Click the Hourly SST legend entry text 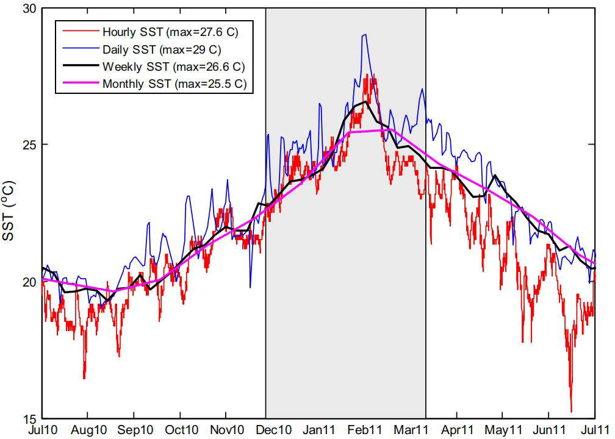(174, 32)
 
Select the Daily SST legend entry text (162, 49)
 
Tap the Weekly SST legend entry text (174, 66)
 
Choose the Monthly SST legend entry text (174, 84)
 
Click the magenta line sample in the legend (78, 84)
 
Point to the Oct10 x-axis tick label (181, 430)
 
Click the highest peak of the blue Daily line (365, 35)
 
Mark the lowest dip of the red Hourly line (571, 412)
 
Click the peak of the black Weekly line (365, 102)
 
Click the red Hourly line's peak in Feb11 (367, 75)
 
